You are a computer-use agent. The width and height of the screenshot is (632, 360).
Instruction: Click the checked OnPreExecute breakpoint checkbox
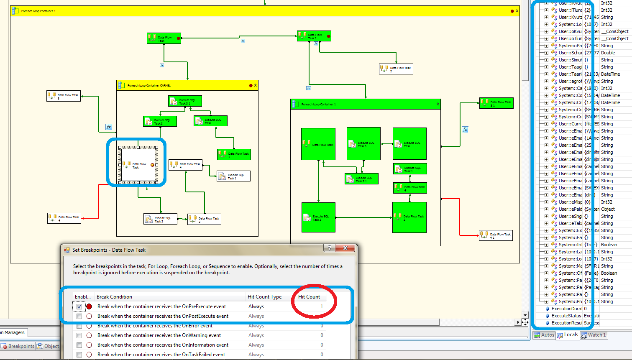(x=79, y=306)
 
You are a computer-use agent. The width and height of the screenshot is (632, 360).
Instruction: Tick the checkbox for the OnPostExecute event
(x=79, y=316)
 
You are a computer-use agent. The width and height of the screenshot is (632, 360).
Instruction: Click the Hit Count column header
(x=309, y=297)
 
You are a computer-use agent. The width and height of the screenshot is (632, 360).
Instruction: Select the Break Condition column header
(x=114, y=297)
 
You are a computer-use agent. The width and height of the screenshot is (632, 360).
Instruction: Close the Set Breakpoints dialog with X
(x=345, y=248)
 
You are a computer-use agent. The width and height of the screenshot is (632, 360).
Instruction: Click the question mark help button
(x=330, y=248)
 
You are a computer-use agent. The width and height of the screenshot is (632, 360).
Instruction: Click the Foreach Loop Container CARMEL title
(x=149, y=85)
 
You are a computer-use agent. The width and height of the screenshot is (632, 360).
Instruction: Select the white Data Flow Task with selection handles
(x=138, y=165)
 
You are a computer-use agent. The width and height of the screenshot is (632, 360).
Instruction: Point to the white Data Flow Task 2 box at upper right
(x=396, y=69)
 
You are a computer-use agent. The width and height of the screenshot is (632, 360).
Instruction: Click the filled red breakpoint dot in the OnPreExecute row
(x=89, y=306)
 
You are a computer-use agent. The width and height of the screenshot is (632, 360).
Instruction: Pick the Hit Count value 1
(x=322, y=306)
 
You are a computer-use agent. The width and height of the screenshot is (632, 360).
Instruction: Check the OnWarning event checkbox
(x=79, y=335)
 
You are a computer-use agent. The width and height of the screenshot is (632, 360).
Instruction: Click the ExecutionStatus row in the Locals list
(x=566, y=316)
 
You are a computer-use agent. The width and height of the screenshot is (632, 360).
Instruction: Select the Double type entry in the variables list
(x=608, y=53)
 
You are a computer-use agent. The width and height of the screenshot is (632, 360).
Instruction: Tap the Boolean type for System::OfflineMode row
(x=609, y=273)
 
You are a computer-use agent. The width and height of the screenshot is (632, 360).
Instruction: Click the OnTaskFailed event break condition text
(x=161, y=355)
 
